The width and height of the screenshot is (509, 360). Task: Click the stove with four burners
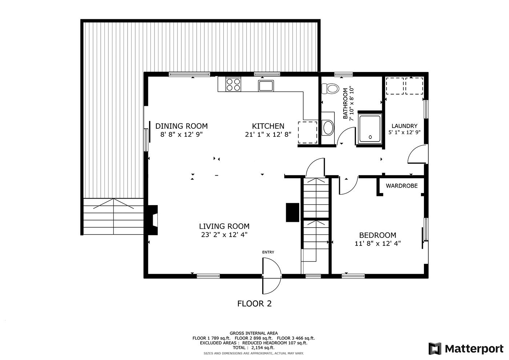click(233, 85)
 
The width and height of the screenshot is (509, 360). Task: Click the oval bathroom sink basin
click(328, 128)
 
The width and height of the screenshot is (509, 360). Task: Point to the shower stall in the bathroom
click(370, 128)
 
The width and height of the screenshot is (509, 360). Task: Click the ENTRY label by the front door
click(268, 252)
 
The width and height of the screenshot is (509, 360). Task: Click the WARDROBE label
click(401, 186)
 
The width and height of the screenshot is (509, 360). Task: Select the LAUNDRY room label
click(404, 126)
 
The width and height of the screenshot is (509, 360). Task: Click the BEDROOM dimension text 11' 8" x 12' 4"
click(378, 244)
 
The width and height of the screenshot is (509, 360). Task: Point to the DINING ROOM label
click(181, 126)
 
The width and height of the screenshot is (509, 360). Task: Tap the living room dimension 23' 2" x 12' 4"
click(224, 235)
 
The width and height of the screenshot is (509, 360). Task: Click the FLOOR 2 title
click(254, 303)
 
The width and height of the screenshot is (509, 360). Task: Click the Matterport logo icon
click(435, 349)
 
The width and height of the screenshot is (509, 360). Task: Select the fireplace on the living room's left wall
click(153, 220)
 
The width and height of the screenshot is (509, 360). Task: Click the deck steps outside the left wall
click(113, 217)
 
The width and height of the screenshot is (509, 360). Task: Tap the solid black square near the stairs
click(292, 212)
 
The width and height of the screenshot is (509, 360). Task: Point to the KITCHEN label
click(268, 126)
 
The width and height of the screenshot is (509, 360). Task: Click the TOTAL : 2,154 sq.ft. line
click(253, 348)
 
